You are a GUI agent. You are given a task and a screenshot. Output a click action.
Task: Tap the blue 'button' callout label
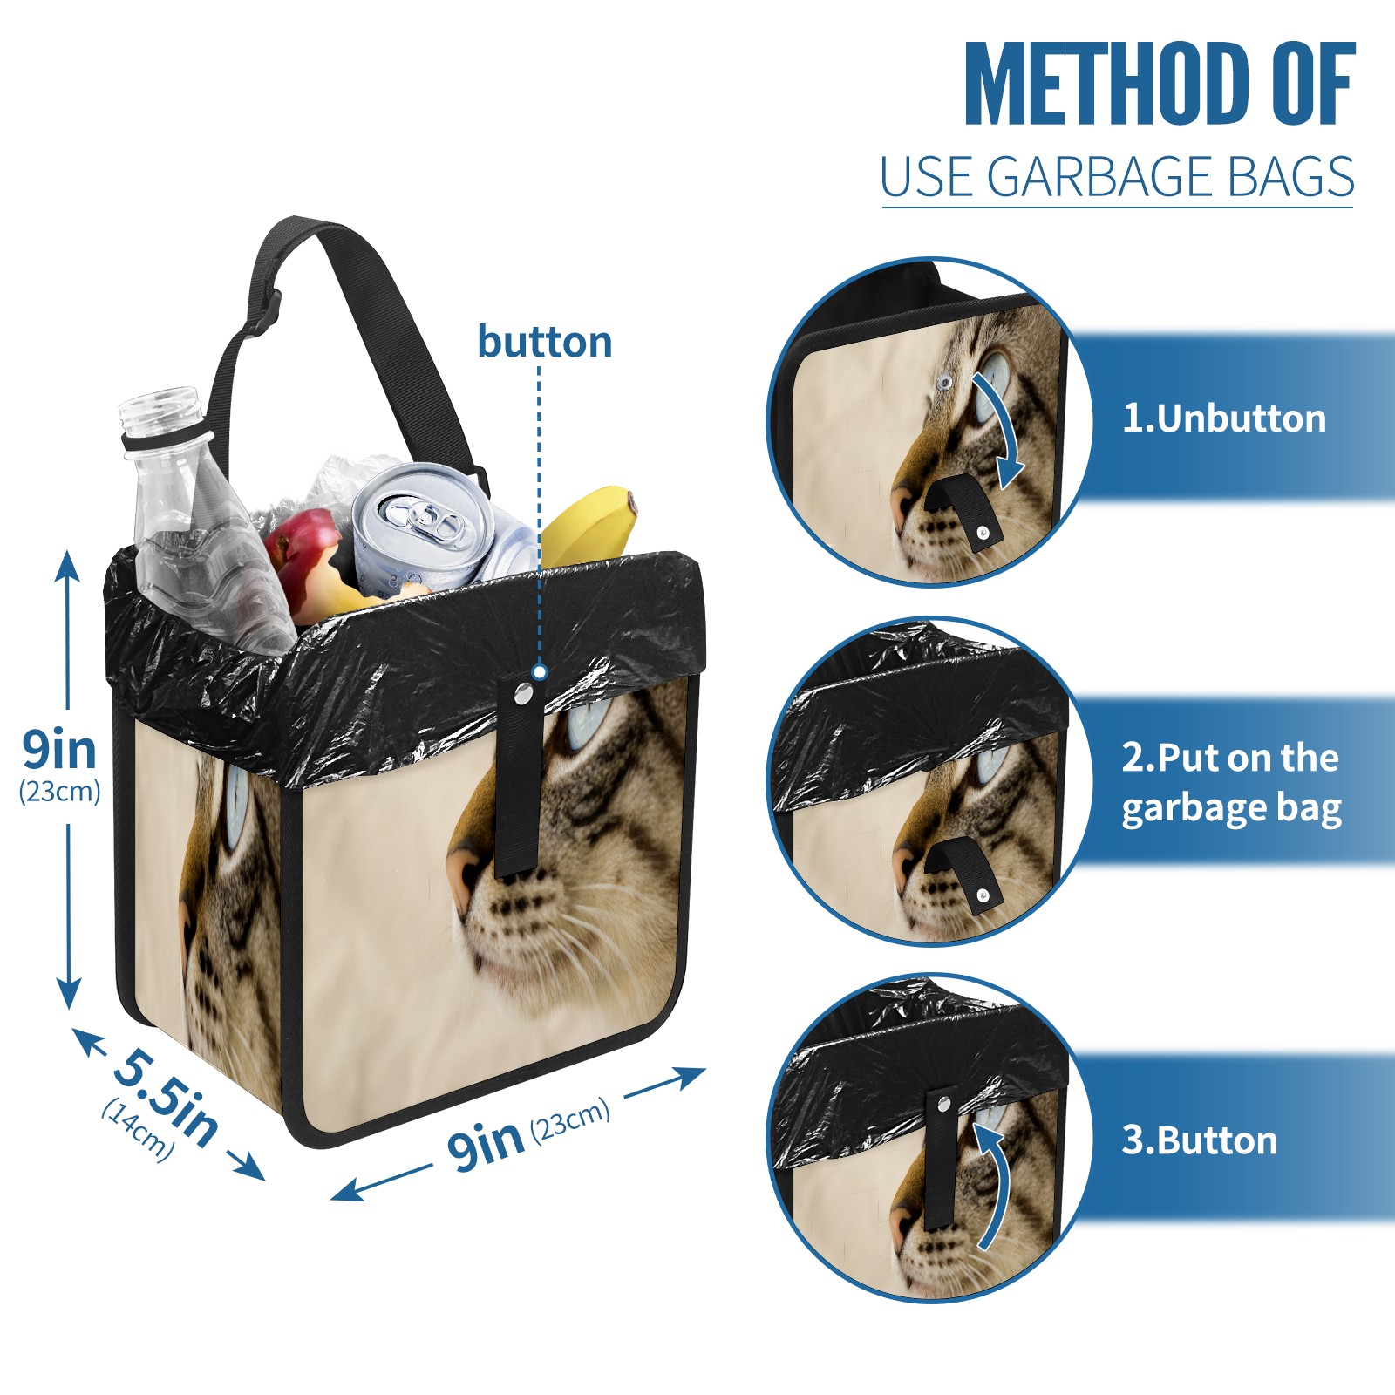coord(544,342)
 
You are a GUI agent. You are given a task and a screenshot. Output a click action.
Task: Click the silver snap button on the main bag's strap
coord(522,694)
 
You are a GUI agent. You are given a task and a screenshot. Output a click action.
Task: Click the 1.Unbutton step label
coord(1223,418)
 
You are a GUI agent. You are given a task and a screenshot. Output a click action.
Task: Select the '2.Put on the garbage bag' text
coord(1230,782)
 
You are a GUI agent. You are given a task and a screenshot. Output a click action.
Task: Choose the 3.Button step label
coord(1199,1140)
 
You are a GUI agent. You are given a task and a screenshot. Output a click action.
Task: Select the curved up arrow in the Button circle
coord(994,1186)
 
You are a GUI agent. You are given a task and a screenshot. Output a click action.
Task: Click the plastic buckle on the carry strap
coord(266,314)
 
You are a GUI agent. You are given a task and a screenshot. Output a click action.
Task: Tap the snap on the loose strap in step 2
coord(983,895)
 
